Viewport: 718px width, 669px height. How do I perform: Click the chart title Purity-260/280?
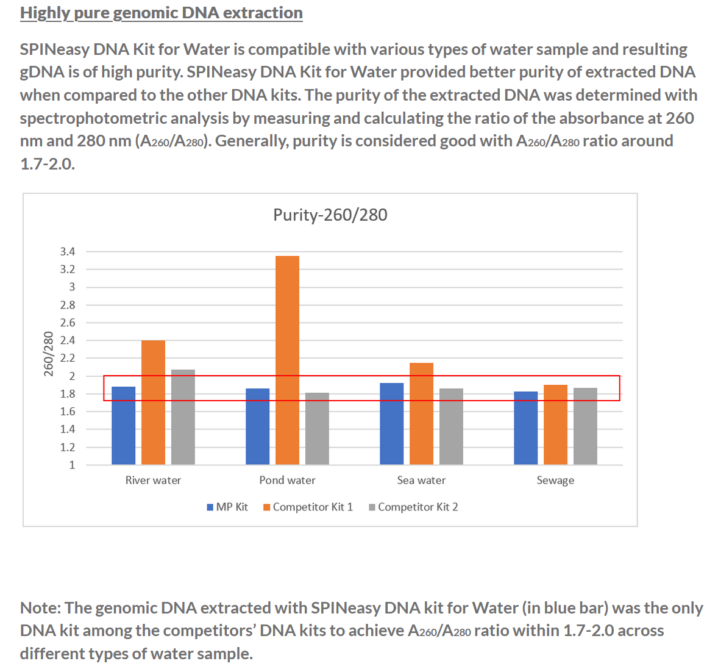pyautogui.click(x=330, y=215)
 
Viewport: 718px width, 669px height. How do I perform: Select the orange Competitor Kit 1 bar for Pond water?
pyautogui.click(x=287, y=360)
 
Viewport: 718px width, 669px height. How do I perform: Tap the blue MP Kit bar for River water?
pyautogui.click(x=124, y=426)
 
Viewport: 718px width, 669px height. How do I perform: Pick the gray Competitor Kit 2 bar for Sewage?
pyautogui.click(x=585, y=426)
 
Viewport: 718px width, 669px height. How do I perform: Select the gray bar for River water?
pyautogui.click(x=183, y=417)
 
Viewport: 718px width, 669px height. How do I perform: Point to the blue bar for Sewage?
pyautogui.click(x=526, y=428)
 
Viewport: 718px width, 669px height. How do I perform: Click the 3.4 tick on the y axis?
pyautogui.click(x=68, y=251)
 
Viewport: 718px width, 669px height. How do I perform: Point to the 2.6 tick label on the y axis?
pyautogui.click(x=68, y=323)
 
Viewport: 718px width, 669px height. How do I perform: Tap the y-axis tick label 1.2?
pyautogui.click(x=68, y=447)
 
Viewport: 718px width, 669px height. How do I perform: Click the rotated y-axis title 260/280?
pyautogui.click(x=49, y=354)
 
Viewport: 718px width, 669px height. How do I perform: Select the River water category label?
pyautogui.click(x=153, y=480)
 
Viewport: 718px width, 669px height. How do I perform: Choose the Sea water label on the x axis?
pyautogui.click(x=421, y=480)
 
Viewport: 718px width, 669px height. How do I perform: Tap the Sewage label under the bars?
pyautogui.click(x=555, y=480)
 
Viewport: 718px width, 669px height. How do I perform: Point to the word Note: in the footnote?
pyautogui.click(x=40, y=608)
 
